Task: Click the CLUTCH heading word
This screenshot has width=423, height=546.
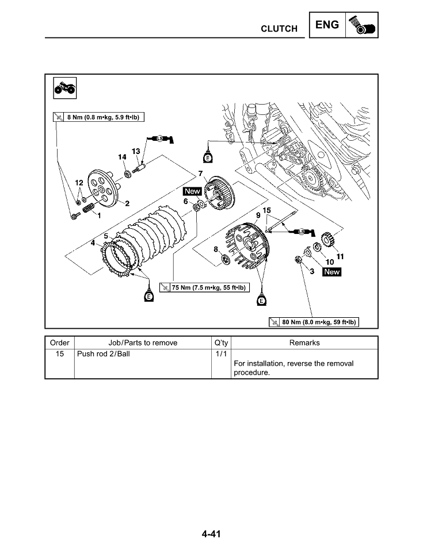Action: (x=279, y=29)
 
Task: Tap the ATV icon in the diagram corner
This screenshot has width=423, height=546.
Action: (x=63, y=88)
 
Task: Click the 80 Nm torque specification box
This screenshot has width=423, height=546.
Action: (x=314, y=322)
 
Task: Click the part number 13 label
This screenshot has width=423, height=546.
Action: (x=136, y=151)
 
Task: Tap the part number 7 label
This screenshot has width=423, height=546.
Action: (x=200, y=174)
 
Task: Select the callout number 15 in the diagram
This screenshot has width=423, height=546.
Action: (x=266, y=211)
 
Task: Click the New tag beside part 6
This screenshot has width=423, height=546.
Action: (x=192, y=191)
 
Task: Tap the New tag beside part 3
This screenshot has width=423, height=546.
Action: (x=331, y=272)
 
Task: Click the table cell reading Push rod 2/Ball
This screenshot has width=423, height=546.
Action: (x=104, y=354)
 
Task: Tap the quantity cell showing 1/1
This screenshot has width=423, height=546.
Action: (x=220, y=354)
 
